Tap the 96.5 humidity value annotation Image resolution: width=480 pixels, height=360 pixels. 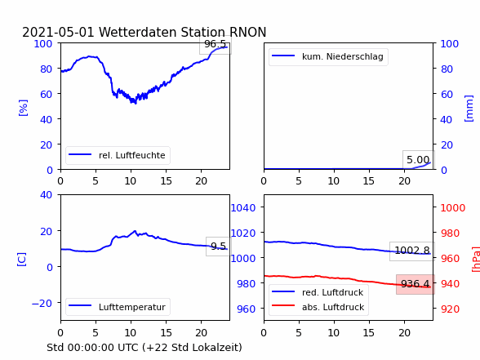pyautogui.click(x=216, y=44)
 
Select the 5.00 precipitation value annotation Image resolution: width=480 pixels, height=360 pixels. pyautogui.click(x=418, y=160)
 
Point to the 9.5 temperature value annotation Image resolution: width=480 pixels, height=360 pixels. pyautogui.click(x=218, y=247)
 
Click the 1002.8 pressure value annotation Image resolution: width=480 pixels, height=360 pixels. pyautogui.click(x=412, y=251)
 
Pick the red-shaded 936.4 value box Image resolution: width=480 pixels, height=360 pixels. pyautogui.click(x=416, y=284)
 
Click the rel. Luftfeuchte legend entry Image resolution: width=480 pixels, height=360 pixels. pyautogui.click(x=118, y=155)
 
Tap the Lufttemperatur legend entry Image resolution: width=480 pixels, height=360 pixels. pyautogui.click(x=118, y=307)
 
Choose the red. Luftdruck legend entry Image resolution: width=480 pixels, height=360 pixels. pyautogui.click(x=318, y=292)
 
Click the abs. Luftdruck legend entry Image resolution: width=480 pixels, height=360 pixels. pyautogui.click(x=318, y=307)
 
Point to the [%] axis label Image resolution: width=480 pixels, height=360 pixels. pyautogui.click(x=23, y=108)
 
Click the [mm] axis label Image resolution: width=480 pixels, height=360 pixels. pyautogui.click(x=469, y=109)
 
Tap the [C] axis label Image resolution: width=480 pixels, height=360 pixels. pyautogui.click(x=22, y=260)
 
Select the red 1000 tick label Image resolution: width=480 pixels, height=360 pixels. pyautogui.click(x=453, y=208)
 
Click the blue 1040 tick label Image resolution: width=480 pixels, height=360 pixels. pyautogui.click(x=243, y=208)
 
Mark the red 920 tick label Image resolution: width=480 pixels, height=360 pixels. pyautogui.click(x=450, y=309)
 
